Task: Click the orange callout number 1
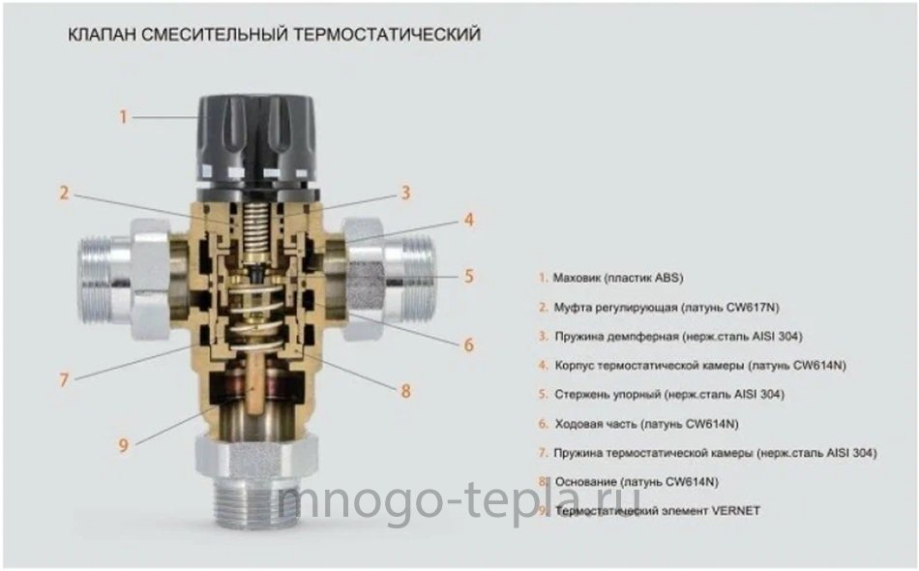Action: (123, 117)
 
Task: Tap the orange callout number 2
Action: (64, 193)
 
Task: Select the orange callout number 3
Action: (405, 193)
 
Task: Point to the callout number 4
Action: (468, 220)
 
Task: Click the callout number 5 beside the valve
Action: (468, 276)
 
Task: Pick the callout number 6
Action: (468, 345)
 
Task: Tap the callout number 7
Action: (64, 380)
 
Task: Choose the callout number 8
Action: (405, 390)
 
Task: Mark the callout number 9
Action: (123, 445)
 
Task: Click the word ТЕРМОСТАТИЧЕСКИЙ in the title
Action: (387, 35)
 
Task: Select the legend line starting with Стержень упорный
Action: (668, 394)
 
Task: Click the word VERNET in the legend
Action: (735, 511)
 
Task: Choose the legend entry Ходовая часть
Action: (646, 423)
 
